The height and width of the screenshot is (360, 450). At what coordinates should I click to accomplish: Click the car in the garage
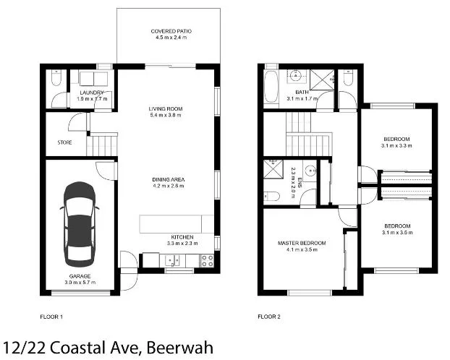(x=80, y=223)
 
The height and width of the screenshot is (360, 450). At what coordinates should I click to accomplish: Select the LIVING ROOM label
(x=166, y=108)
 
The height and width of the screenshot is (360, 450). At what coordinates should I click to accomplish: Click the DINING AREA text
(x=167, y=179)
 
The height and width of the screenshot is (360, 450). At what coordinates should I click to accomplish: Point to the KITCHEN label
(x=182, y=237)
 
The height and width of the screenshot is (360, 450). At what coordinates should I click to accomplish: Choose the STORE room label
(x=65, y=142)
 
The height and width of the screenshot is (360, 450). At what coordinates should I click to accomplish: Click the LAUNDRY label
(x=92, y=93)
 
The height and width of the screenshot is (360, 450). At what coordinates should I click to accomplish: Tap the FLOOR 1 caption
(x=52, y=317)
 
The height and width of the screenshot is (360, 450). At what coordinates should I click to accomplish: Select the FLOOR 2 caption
(x=271, y=317)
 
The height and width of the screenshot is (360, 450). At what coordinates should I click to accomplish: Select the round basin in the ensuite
(x=311, y=171)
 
